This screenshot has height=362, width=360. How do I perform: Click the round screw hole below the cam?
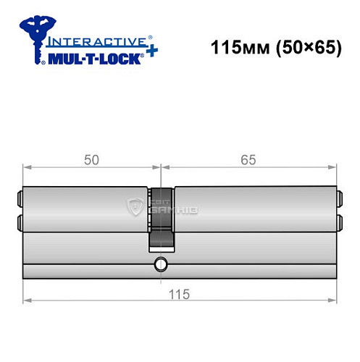click(161, 264)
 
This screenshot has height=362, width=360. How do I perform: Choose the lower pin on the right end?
click(338, 222)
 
